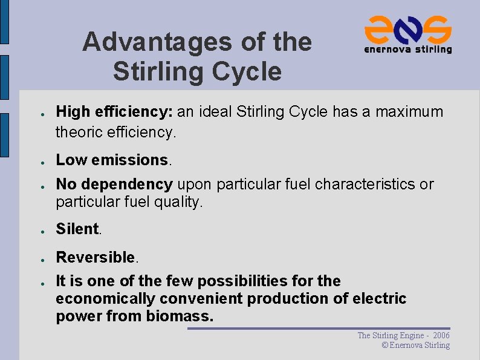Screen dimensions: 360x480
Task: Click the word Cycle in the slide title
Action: pos(250,71)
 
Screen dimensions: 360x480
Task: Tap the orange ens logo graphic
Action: pos(407,28)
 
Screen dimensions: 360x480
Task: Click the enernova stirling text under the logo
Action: pos(407,50)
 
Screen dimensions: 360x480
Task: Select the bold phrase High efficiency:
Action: pos(114,112)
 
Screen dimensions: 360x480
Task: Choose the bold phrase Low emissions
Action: pos(112,160)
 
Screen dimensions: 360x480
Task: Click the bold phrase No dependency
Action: pos(114,184)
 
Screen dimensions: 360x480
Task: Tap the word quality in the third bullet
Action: pos(180,202)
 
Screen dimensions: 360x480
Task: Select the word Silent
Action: pos(77,229)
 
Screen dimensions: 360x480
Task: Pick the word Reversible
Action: pos(96,257)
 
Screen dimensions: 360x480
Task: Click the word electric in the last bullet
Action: pos(380,299)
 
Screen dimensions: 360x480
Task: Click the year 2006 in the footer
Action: pos(441,335)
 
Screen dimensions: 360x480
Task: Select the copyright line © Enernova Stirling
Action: pos(416,345)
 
